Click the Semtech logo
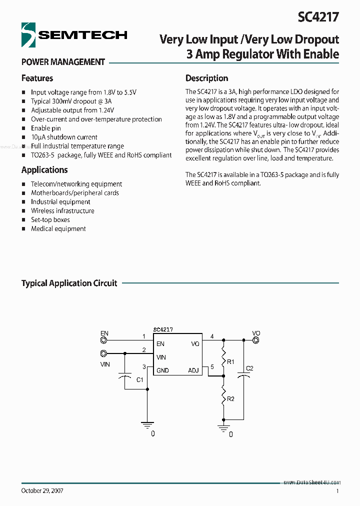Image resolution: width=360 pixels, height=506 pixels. click(74, 35)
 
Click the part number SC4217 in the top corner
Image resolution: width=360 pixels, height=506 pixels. click(318, 17)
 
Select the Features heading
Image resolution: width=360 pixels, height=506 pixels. click(37, 78)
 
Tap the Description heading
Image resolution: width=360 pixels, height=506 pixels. click(206, 78)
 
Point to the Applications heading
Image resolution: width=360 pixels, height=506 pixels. click(44, 169)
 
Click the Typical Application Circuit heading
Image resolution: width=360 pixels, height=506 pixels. click(69, 283)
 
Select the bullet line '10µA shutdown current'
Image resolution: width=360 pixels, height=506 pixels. click(64, 137)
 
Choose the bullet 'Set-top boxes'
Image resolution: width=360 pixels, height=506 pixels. click(50, 219)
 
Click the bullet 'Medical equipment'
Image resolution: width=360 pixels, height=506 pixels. click(58, 228)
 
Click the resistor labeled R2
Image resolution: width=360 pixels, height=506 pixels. click(223, 398)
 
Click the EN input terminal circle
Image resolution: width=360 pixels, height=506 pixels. click(103, 340)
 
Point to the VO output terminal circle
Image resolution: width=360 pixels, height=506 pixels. click(255, 340)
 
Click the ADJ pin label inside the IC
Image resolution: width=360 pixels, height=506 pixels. click(193, 370)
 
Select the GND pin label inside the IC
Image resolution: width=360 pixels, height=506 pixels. click(162, 370)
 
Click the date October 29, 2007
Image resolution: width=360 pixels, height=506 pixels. click(42, 491)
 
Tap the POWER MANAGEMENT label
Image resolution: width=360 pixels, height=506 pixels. click(63, 62)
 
